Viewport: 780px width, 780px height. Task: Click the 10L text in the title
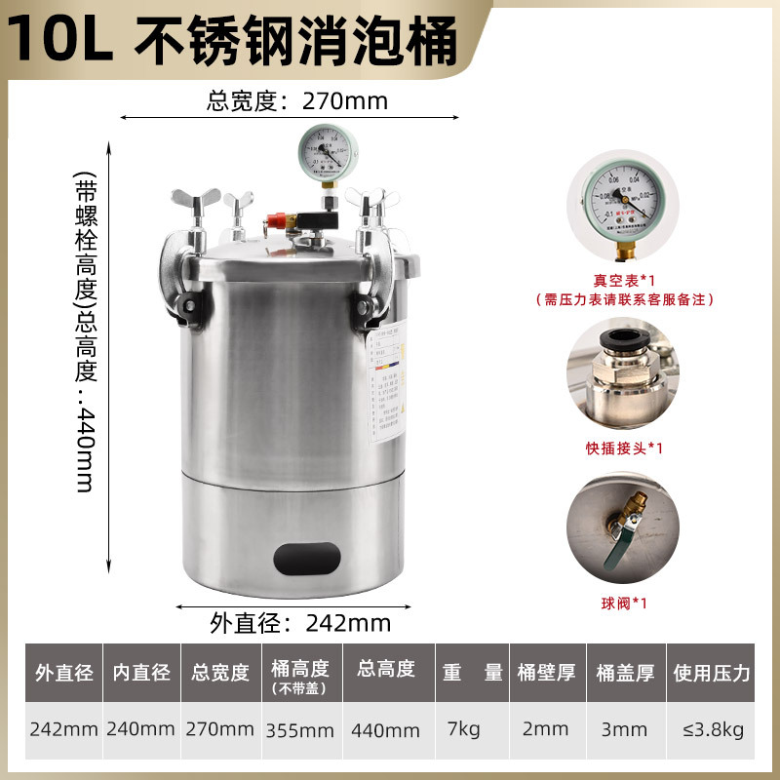point(60,39)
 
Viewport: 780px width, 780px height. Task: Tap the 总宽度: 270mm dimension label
point(297,100)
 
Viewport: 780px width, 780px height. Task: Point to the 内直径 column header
point(142,673)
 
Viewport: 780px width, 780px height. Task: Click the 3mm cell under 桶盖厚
point(624,728)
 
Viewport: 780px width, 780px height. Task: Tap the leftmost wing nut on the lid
point(185,205)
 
